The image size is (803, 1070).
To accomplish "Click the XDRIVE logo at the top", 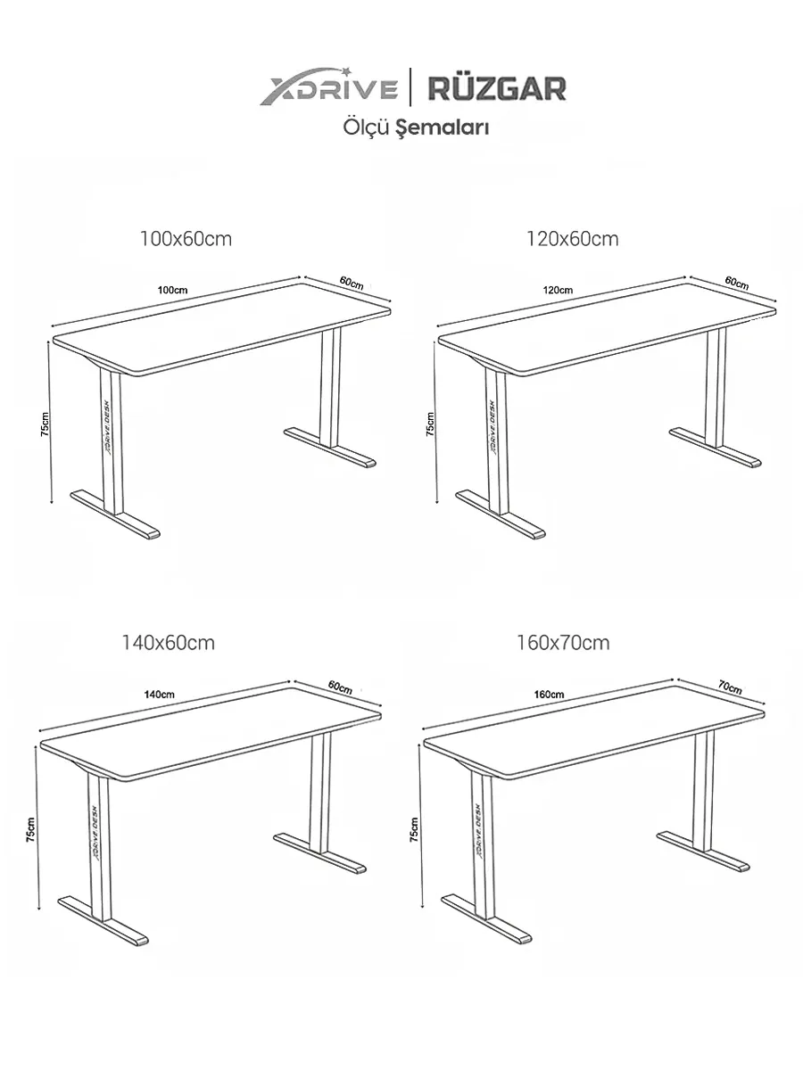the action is pyautogui.click(x=328, y=86).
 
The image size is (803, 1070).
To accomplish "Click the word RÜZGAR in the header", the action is pyautogui.click(x=497, y=88).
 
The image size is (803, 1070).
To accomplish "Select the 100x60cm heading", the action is pyautogui.click(x=186, y=239).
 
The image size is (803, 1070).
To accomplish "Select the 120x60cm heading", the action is pyautogui.click(x=573, y=239).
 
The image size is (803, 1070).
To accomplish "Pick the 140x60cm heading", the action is pyautogui.click(x=168, y=643).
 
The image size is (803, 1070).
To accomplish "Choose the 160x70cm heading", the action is pyautogui.click(x=563, y=643).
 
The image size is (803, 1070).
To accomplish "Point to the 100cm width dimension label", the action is pyautogui.click(x=172, y=290).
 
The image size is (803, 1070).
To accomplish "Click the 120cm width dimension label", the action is pyautogui.click(x=559, y=290).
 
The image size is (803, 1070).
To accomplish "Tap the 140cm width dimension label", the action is pyautogui.click(x=159, y=694).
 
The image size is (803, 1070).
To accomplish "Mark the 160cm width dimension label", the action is pyautogui.click(x=549, y=694).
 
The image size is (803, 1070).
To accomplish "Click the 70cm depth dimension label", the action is pyautogui.click(x=730, y=687).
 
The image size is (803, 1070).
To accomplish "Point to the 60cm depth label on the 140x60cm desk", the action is pyautogui.click(x=340, y=687).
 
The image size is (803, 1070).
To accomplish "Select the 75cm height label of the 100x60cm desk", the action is pyautogui.click(x=45, y=424).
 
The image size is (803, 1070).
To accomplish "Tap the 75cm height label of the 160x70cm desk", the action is pyautogui.click(x=414, y=829).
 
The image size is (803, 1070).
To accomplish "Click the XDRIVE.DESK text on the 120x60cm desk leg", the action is pyautogui.click(x=493, y=427).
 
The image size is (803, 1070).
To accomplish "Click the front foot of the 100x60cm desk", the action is pyautogui.click(x=115, y=514).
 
